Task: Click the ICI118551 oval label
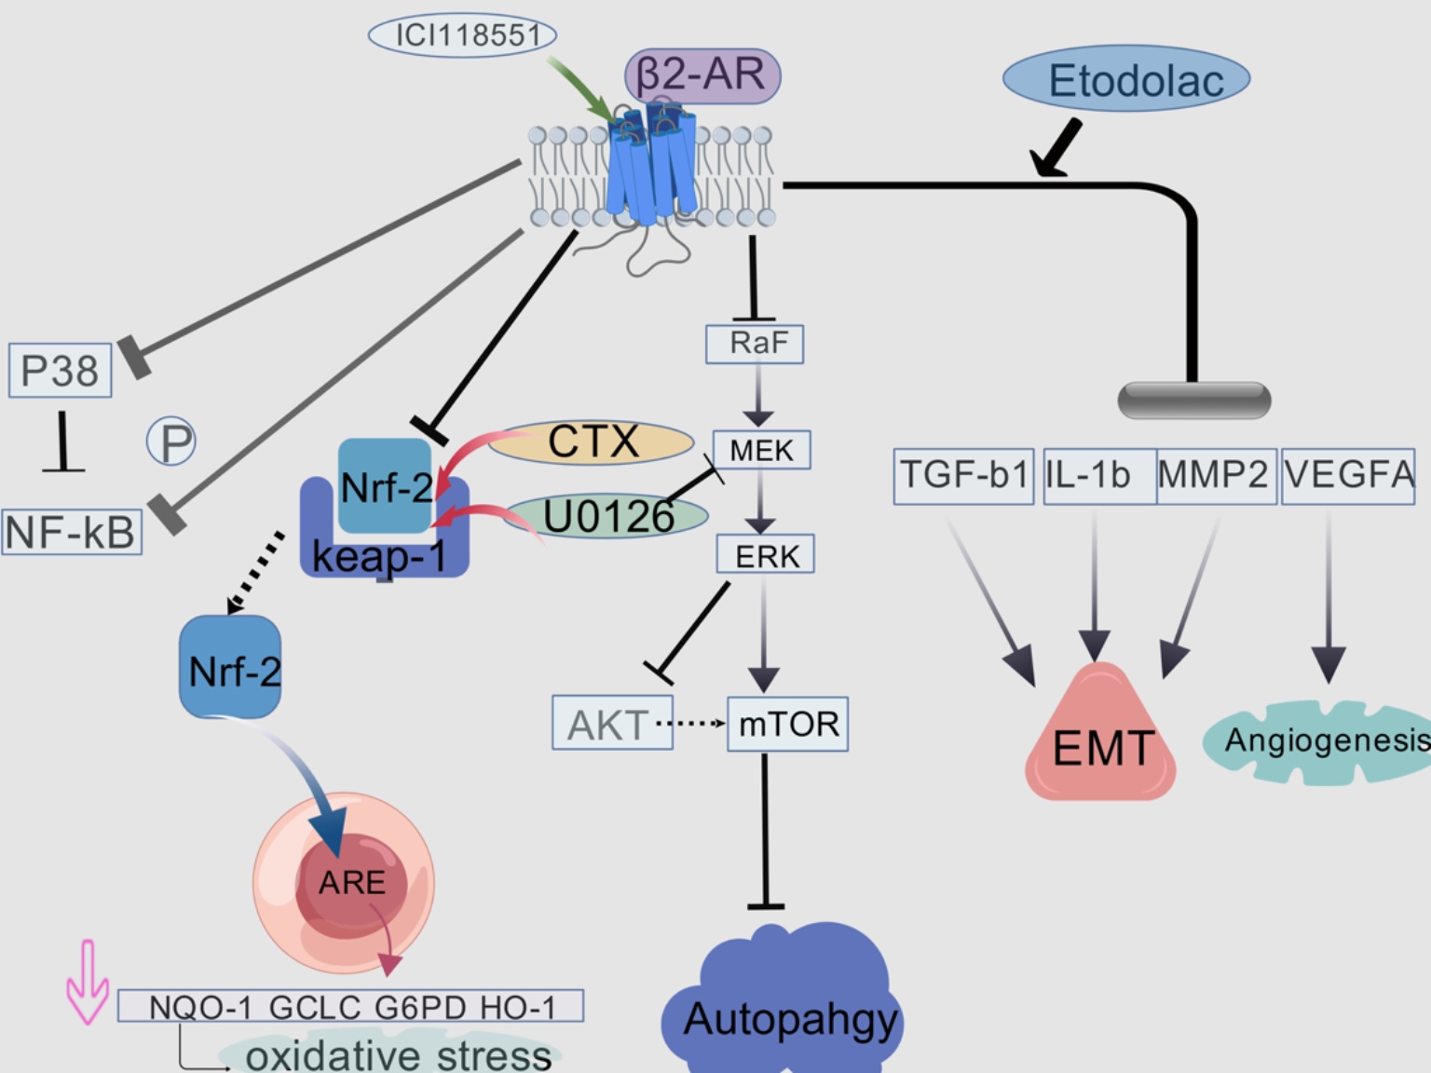tap(463, 35)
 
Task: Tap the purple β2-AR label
tap(702, 75)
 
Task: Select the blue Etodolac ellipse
tap(1126, 80)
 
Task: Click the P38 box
tap(61, 371)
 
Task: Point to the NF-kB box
tap(72, 533)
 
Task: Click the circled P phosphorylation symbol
tap(171, 441)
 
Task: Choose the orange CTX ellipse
tap(592, 442)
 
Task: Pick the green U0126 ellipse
tap(607, 516)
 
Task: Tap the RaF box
tap(755, 344)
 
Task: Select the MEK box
tap(761, 450)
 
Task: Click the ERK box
tap(766, 555)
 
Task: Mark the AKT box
tap(612, 724)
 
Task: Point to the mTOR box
tap(787, 724)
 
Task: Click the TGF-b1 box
tap(963, 476)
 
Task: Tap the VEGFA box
tap(1348, 476)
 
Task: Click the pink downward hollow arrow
tap(88, 984)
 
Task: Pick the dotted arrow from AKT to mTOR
tap(690, 723)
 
